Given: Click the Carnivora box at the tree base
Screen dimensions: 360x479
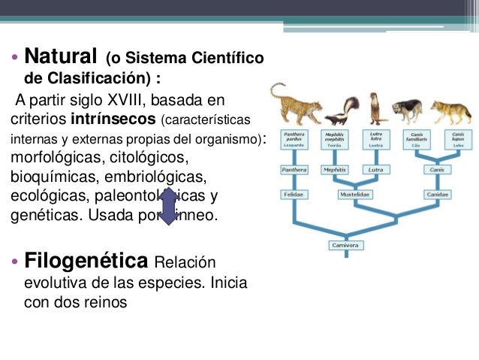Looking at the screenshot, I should (x=345, y=245).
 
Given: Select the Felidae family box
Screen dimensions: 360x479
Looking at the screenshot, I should (x=294, y=194).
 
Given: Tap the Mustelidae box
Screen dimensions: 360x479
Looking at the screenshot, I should (x=356, y=194).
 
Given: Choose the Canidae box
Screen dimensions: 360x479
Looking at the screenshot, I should (x=437, y=194).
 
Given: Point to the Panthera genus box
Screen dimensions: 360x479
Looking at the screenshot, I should (x=294, y=170).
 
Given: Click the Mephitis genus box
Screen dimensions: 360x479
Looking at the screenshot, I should (x=334, y=170).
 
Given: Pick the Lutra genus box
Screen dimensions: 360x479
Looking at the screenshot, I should (x=376, y=170).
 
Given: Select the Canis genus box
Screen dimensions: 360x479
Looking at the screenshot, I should (x=437, y=170).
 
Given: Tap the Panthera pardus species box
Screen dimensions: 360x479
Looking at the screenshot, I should (x=294, y=138).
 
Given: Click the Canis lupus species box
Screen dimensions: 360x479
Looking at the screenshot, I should (x=457, y=138).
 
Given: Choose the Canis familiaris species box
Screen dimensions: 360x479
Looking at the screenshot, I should (x=417, y=138).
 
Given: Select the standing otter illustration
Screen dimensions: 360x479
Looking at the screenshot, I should (x=377, y=107).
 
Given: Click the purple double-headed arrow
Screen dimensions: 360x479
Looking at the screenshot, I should (x=168, y=206).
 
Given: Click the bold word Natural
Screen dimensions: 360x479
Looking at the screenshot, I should (x=60, y=56).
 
